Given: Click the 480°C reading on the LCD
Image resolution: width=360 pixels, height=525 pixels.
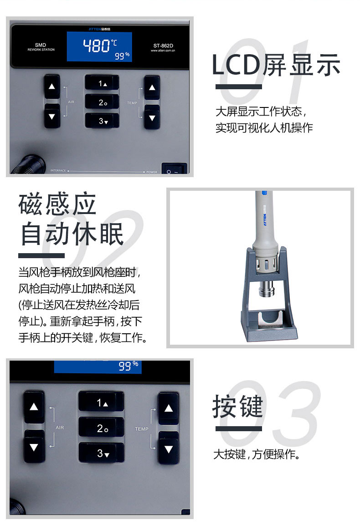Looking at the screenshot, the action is pos(100,46).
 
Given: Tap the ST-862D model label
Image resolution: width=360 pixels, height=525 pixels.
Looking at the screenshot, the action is pos(163,46).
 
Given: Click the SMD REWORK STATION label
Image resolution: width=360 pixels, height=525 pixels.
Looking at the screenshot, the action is pos(41,47).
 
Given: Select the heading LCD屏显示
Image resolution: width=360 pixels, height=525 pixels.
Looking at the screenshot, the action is pos(276,65).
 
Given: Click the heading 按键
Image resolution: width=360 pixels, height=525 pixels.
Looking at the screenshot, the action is pos(237,406).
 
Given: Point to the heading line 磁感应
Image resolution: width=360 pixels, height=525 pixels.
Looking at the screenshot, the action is pos(57,204).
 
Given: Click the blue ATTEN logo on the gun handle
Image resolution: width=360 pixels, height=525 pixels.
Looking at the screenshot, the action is pos(265,218).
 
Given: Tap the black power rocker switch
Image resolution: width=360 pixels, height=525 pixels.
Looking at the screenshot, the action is pos(174,168).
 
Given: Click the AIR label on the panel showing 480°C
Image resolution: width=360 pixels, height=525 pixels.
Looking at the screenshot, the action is pos(71,102).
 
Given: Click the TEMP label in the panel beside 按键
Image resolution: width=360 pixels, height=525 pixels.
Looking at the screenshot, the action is pos(141,429).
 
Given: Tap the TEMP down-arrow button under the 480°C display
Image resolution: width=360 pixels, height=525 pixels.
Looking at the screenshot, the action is pos(152,117).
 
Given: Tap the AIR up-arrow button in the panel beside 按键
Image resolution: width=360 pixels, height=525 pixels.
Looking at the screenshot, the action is pos(34,407).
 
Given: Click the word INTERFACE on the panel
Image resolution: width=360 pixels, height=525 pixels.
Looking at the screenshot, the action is pos(58,170).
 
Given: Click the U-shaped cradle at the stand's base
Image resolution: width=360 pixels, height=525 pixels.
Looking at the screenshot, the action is pos(271,321).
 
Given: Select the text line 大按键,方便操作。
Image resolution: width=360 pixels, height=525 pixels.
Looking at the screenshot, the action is pos(257,454).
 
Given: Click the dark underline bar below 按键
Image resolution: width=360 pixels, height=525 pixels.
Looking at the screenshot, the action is pos(239,428).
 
